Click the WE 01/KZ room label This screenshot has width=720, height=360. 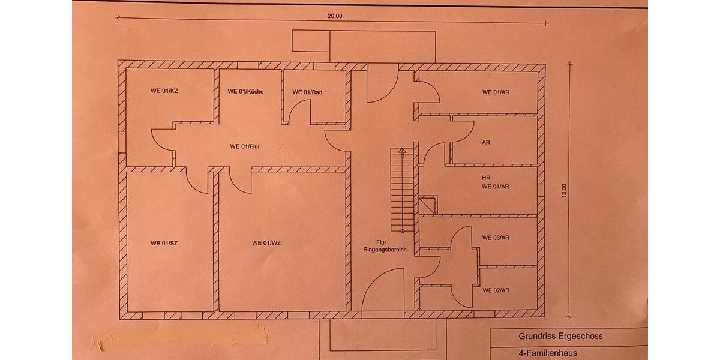[164, 92]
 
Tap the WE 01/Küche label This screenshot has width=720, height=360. [245, 92]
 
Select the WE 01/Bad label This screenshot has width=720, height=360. [308, 92]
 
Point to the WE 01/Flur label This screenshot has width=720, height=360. [244, 146]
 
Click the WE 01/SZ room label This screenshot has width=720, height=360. [164, 243]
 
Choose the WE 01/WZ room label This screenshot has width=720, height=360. [266, 243]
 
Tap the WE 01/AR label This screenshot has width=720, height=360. [496, 92]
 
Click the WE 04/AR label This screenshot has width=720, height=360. [496, 187]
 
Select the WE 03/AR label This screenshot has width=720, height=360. [496, 238]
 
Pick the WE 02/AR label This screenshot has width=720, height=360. [496, 290]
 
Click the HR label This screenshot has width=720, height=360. [486, 178]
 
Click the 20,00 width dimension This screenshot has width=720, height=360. [335, 16]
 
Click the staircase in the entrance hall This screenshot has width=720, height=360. [402, 189]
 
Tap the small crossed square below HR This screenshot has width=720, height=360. [428, 205]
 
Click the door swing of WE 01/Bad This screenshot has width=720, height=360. [299, 112]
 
